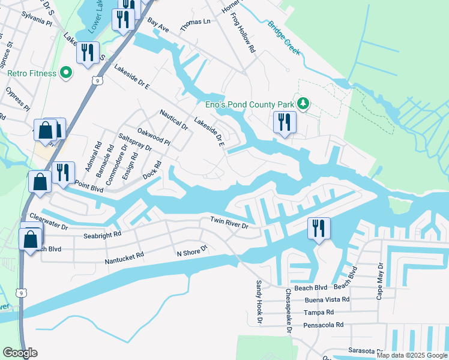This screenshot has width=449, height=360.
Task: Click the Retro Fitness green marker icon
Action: pyautogui.click(x=66, y=74)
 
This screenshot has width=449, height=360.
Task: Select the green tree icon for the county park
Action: pyautogui.click(x=304, y=104)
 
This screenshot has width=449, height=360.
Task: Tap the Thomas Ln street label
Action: pyautogui.click(x=196, y=21)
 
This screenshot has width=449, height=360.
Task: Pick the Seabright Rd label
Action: pyautogui.click(x=103, y=234)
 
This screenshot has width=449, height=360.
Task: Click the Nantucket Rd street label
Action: pyautogui.click(x=124, y=255)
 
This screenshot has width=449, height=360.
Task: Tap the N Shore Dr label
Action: pyautogui.click(x=191, y=250)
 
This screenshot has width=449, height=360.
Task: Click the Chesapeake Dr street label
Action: pyautogui.click(x=288, y=310)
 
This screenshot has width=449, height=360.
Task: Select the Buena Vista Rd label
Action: pyautogui.click(x=328, y=299)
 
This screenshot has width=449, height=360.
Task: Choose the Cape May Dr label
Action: pyautogui.click(x=380, y=280)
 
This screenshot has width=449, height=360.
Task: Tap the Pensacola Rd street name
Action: pyautogui.click(x=324, y=325)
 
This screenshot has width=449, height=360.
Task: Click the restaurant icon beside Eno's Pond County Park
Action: pyautogui.click(x=282, y=122)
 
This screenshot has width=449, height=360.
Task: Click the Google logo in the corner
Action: pyautogui.click(x=20, y=353)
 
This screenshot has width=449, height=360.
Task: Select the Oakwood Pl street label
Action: pyautogui.click(x=154, y=137)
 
